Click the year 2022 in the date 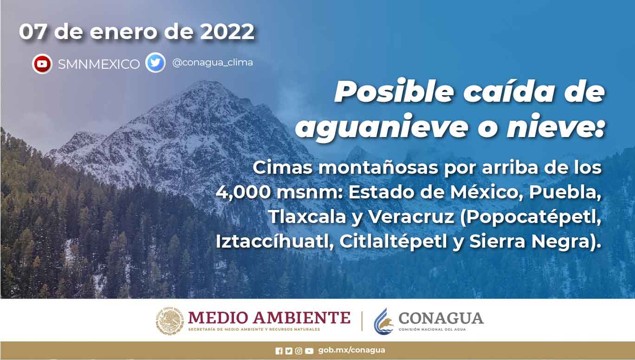(x=227, y=31)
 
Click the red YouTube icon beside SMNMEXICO (x=42, y=64)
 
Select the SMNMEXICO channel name (x=99, y=64)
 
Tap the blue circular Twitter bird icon (x=156, y=62)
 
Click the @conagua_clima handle (x=212, y=62)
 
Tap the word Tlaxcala (x=307, y=217)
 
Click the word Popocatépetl (x=530, y=217)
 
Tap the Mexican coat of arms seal (x=169, y=321)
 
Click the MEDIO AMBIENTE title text (x=269, y=318)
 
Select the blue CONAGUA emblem (x=383, y=321)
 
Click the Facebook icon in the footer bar (x=279, y=351)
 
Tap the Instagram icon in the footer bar (x=298, y=351)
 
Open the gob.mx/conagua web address (x=351, y=350)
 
